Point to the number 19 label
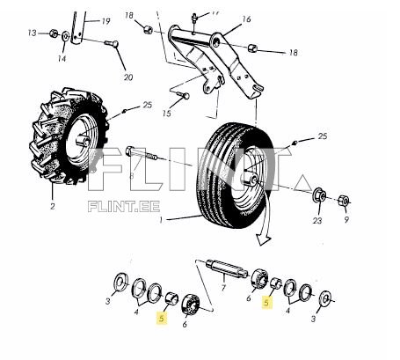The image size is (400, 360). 105,20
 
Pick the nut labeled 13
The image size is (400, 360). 54,34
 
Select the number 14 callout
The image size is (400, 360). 62,58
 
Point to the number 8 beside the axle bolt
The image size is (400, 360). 132,176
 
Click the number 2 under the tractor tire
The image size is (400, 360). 52,207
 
